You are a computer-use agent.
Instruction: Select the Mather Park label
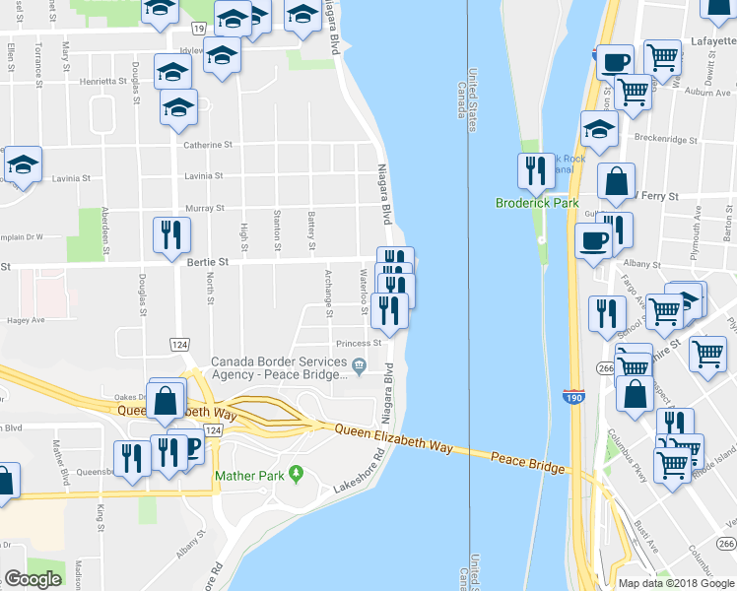coord(249,477)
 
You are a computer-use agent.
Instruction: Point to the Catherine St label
coord(208,144)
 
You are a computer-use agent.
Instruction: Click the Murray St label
coord(207,208)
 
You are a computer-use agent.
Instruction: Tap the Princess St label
coord(358,344)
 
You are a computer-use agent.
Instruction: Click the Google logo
coord(32,579)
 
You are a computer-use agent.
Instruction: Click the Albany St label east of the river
coord(642,264)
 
